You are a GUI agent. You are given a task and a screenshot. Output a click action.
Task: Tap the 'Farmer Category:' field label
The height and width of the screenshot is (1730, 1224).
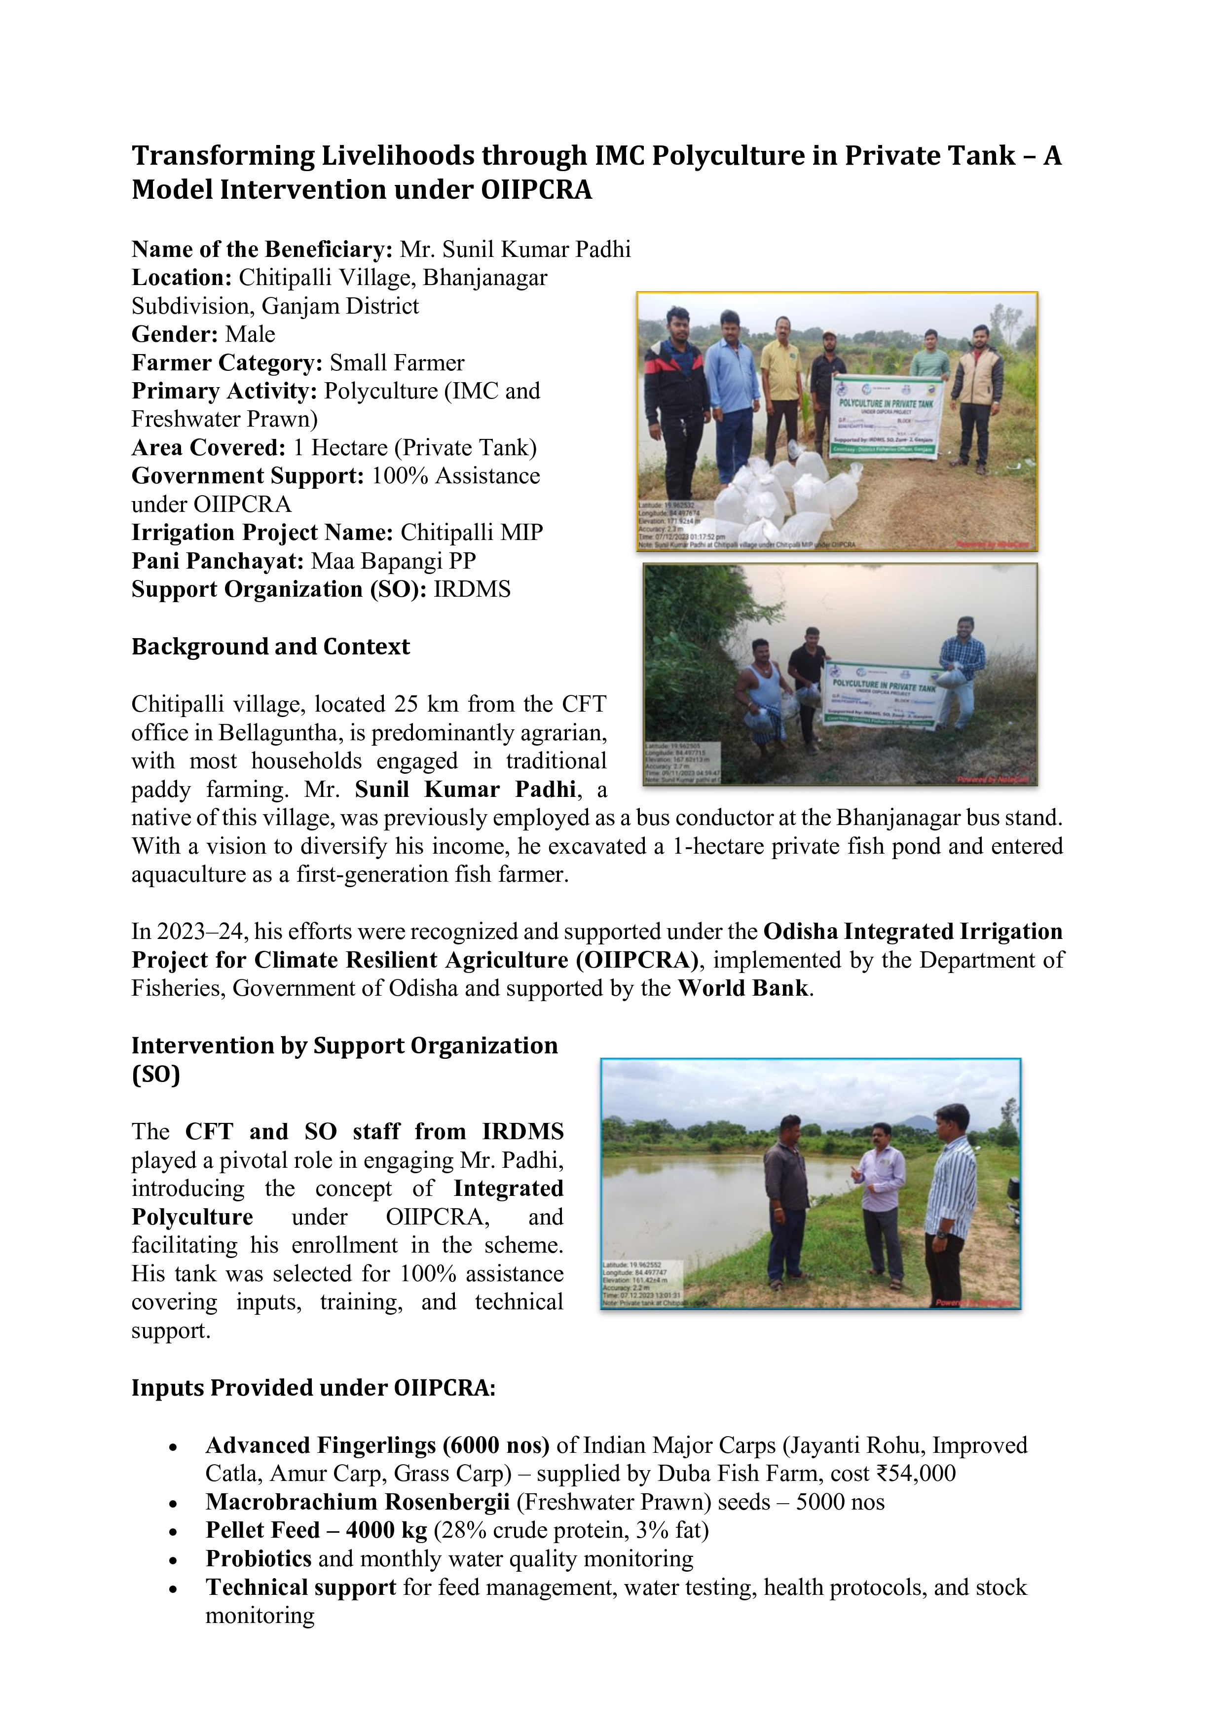(x=227, y=362)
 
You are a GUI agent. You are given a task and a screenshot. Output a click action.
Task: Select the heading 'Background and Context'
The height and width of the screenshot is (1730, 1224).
(x=270, y=647)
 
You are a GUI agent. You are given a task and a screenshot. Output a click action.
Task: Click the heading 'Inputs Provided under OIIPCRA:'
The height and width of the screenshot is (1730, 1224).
(x=314, y=1387)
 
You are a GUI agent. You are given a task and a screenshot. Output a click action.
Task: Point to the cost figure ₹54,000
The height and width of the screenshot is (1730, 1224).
(x=915, y=1473)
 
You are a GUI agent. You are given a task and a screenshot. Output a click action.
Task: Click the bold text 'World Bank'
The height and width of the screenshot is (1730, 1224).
(x=742, y=988)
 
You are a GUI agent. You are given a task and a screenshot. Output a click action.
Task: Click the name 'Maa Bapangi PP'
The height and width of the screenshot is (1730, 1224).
(x=393, y=561)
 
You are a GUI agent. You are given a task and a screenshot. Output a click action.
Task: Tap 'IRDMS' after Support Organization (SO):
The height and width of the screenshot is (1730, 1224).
(x=472, y=589)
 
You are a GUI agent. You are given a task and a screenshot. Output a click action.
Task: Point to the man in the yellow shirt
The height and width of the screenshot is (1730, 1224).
(x=781, y=392)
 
